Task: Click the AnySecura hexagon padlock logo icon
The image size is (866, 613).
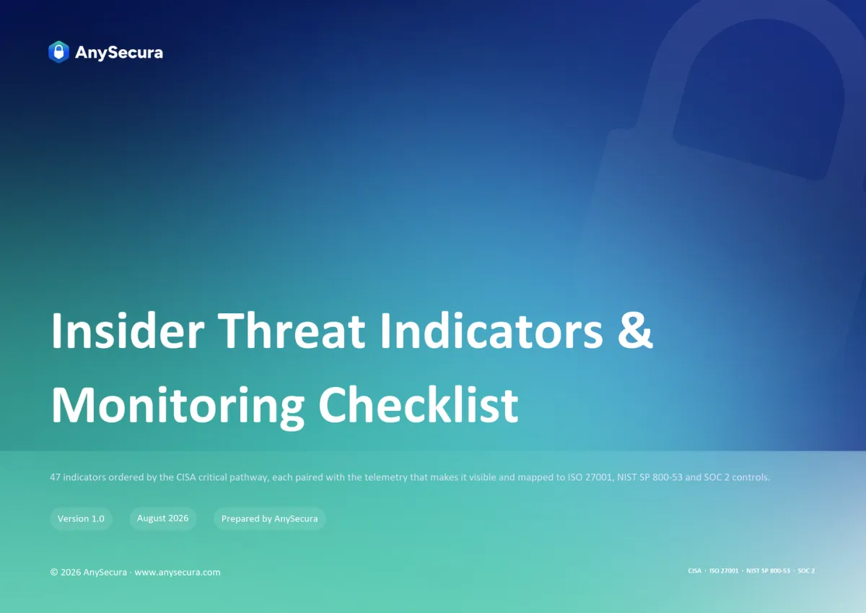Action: coord(58,52)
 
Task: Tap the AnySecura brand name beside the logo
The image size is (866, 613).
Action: coord(119,53)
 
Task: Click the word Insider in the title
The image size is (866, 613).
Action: coord(128,331)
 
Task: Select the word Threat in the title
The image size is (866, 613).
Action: coord(292,331)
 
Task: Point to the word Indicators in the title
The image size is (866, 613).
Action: coord(491,331)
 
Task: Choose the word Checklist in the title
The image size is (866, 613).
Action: coord(418,404)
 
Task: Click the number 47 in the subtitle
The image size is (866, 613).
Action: coord(55,477)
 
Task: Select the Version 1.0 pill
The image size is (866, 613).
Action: coord(81,518)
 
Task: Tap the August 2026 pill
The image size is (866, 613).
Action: coord(163,518)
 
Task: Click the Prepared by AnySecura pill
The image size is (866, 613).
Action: coord(269,518)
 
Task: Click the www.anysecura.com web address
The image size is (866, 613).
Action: coord(178,573)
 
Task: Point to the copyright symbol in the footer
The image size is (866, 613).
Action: coord(54,572)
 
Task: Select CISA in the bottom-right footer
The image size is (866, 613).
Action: coord(694,571)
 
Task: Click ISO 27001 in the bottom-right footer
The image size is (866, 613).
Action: coord(724,571)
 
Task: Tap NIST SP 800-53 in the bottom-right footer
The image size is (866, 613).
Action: coord(768,571)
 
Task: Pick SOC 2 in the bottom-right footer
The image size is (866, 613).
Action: coord(806,571)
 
